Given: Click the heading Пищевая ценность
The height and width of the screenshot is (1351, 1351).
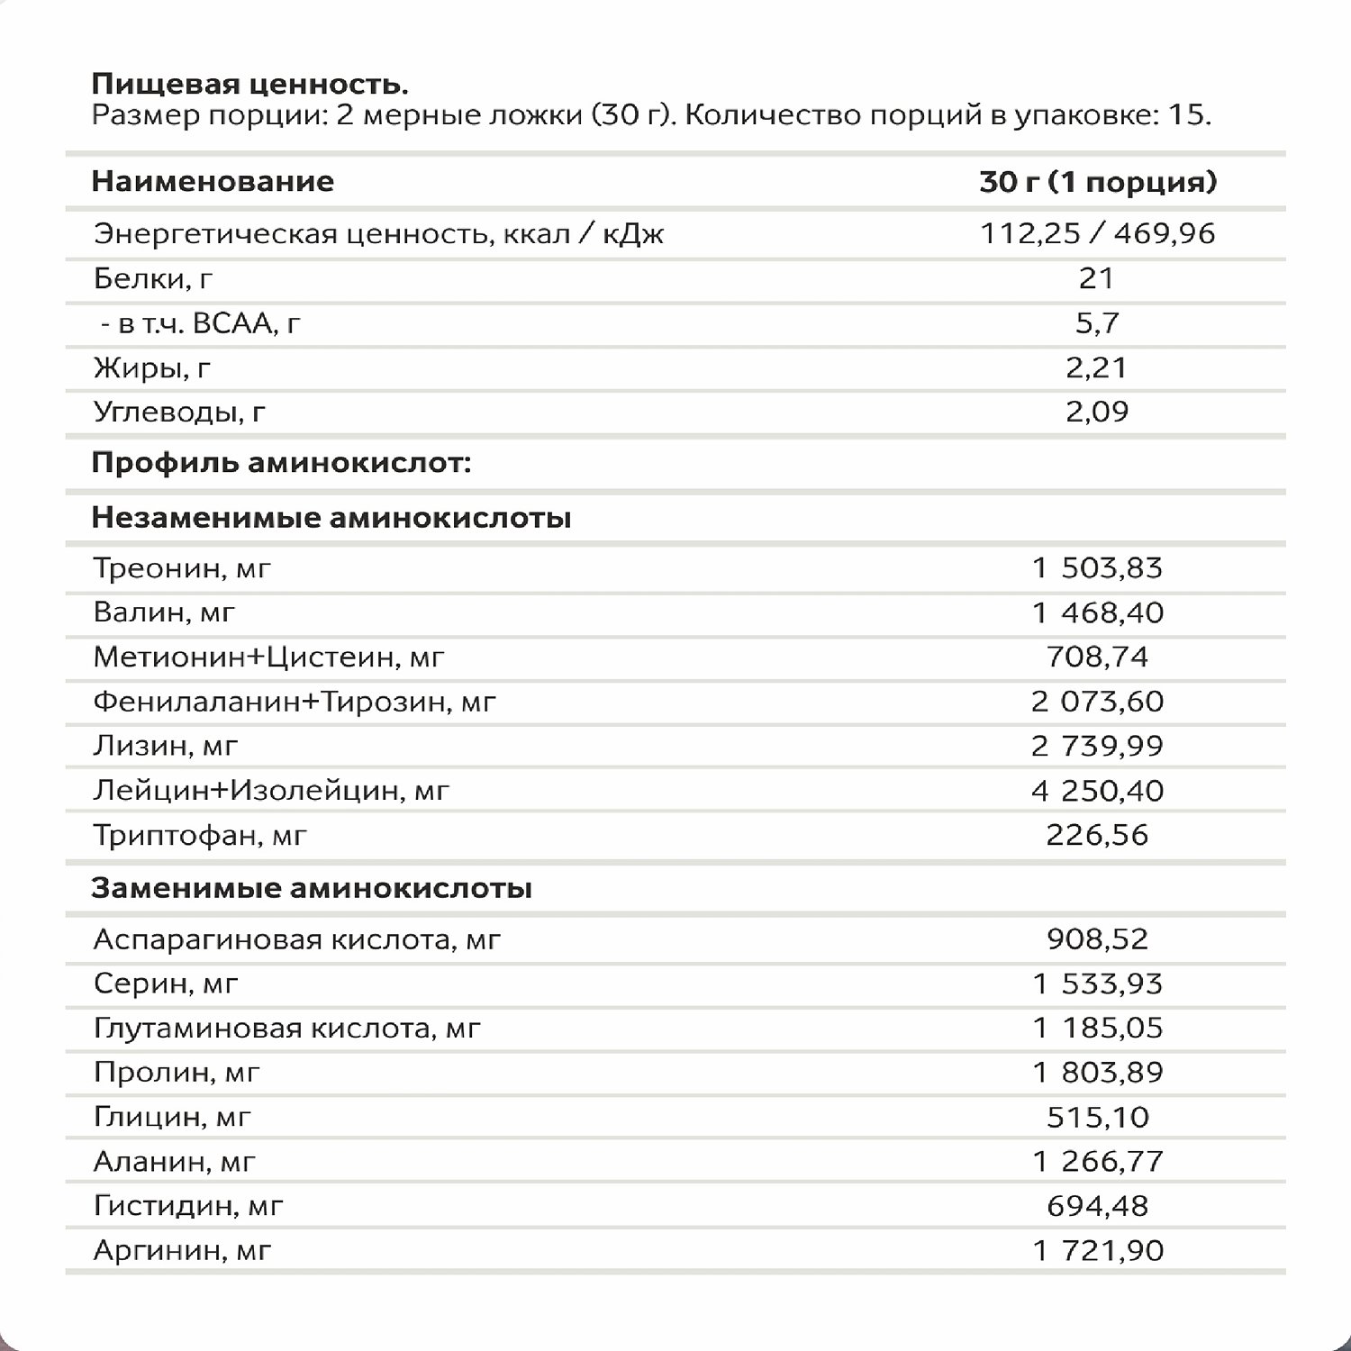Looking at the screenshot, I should tap(249, 85).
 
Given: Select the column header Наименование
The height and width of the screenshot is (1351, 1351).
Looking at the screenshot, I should tap(213, 182).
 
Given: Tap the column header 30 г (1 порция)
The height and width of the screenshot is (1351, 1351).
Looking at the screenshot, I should tap(1097, 182).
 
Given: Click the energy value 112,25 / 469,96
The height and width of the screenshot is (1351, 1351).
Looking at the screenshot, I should tap(1097, 234).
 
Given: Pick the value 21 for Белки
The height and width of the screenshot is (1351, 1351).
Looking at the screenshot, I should tap(1096, 278).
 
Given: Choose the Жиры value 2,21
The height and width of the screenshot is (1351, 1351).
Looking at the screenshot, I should tap(1096, 367).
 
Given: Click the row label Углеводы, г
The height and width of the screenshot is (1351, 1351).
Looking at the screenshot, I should tap(179, 413).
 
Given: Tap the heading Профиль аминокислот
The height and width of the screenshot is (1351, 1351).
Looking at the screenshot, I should tap(281, 464).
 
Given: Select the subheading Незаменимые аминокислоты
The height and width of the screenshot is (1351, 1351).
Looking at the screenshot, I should tap(331, 518).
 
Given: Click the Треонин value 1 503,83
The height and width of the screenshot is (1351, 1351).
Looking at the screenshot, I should tap(1097, 568).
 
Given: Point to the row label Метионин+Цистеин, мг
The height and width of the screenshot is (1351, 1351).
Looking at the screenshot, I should tap(268, 657).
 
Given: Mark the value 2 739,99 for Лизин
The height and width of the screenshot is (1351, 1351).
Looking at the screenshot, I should tap(1097, 746).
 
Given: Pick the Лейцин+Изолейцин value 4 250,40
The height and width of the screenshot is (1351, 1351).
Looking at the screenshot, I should tap(1097, 791).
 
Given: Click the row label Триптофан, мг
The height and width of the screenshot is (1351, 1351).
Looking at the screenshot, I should tap(200, 836).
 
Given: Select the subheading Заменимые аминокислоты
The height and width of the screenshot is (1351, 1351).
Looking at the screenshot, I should tap(312, 888).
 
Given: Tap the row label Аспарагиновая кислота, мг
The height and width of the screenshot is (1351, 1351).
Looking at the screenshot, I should tap(296, 940).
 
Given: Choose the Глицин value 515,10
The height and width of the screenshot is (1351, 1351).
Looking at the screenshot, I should tap(1097, 1118).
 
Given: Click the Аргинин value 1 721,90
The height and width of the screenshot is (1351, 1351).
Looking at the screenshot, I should tap(1097, 1251).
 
